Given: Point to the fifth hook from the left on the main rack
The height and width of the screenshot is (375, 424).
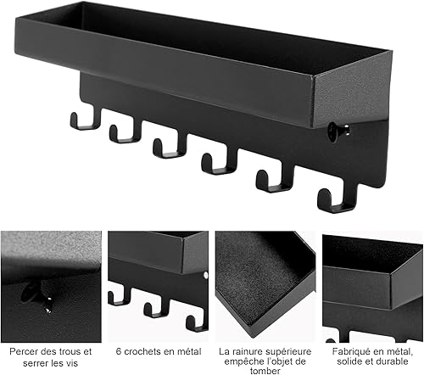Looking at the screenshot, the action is [275, 180].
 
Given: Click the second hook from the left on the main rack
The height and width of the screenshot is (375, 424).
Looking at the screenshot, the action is [125, 132].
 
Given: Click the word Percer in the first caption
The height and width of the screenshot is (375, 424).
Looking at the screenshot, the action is [24, 351].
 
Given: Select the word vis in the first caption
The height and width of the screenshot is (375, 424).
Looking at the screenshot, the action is [71, 363].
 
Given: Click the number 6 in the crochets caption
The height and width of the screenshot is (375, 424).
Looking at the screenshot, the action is [119, 351].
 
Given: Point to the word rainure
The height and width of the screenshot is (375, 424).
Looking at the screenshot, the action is [246, 351].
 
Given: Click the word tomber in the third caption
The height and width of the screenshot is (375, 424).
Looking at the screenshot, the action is [265, 371].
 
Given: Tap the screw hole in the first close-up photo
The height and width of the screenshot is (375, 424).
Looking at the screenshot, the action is [28, 291].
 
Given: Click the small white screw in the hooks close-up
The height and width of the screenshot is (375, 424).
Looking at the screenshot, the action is [205, 275].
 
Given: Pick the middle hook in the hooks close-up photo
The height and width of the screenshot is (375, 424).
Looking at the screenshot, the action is [154, 309].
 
